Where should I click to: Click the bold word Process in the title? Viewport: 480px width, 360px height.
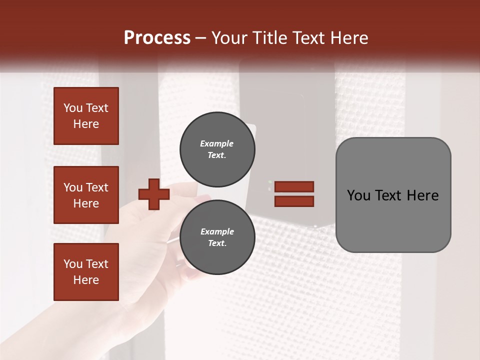point(157,38)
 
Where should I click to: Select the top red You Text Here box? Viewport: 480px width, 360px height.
point(86,116)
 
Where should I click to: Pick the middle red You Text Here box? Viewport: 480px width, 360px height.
point(86,195)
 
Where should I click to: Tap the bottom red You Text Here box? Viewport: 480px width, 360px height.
point(86,272)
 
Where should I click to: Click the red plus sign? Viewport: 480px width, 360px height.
point(154,194)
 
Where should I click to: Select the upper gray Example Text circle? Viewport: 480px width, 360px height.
point(217,149)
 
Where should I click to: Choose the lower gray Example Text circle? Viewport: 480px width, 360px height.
point(217,237)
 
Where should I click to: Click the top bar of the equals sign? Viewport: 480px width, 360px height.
point(294,186)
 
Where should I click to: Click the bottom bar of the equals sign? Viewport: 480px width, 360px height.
point(294,201)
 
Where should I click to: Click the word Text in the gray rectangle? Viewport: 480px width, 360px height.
point(387,195)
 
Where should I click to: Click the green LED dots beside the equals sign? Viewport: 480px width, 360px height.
point(270,185)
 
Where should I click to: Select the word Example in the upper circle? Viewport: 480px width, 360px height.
point(216,143)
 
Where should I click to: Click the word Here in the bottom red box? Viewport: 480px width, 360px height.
point(86,280)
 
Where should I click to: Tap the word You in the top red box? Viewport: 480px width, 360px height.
point(72,108)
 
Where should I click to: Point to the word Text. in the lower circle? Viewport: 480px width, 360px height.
point(217,243)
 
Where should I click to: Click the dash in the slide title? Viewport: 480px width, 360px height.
point(201,38)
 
